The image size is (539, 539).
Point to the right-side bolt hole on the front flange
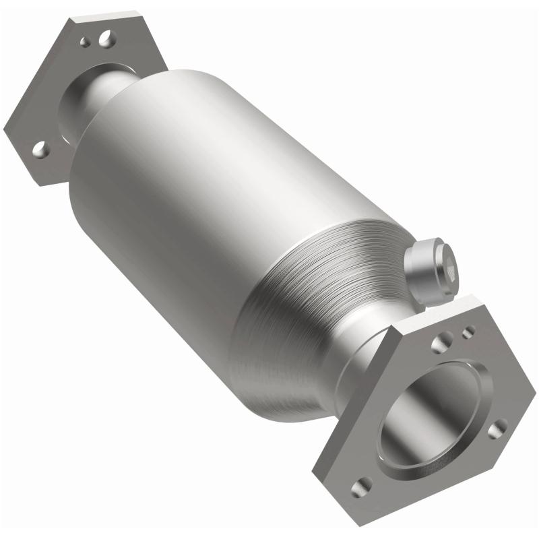497,427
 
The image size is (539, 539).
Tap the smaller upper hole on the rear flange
86,42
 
